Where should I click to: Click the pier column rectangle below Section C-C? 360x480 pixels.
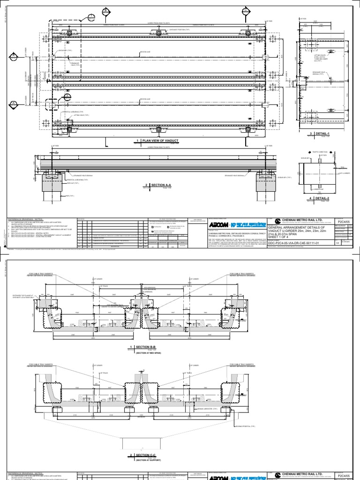click(x=141, y=440)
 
